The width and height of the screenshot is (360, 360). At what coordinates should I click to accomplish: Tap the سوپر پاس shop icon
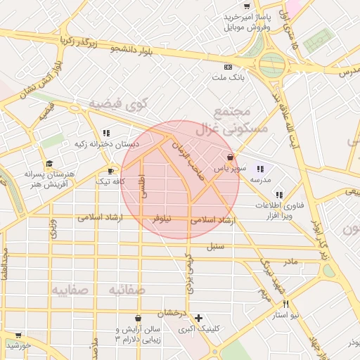230,157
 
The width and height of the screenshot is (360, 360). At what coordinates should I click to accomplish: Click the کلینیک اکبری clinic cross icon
199,318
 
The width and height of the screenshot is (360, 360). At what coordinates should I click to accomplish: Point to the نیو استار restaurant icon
285,304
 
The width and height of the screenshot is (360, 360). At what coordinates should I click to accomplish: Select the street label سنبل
214,246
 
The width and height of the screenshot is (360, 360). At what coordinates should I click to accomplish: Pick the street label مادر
290,262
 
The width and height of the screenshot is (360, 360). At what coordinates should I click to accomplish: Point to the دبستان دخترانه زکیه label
107,143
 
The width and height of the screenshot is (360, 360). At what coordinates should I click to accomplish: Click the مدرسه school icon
261,168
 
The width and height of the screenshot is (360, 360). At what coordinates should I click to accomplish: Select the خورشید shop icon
18,335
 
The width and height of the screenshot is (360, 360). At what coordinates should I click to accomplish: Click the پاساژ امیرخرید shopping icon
246,5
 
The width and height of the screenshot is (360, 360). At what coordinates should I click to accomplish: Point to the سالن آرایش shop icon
137,318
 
